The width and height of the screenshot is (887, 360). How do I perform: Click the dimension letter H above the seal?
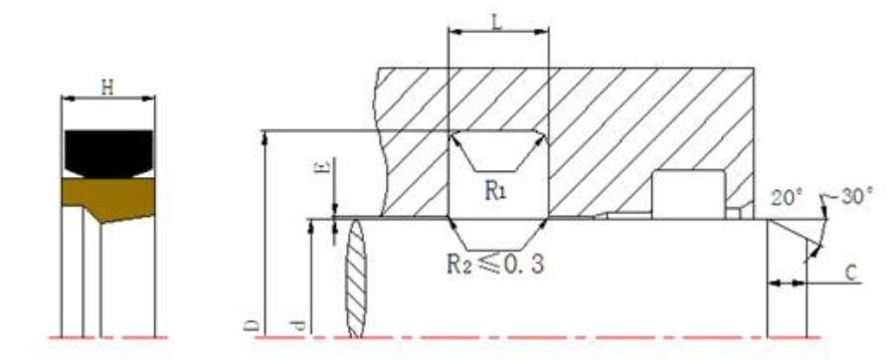pos(107,88)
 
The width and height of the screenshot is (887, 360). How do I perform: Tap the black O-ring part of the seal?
pos(108,153)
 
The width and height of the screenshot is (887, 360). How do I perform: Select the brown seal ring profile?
pos(108,198)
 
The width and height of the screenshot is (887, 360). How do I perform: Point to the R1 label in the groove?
pos(495,191)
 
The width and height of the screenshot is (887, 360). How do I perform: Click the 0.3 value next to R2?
pos(523,265)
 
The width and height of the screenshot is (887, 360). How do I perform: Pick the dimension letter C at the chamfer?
pos(852,273)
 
